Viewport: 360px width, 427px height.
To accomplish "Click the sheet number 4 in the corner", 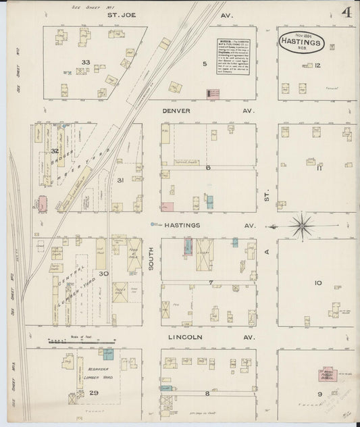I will pyautogui.click(x=346, y=13).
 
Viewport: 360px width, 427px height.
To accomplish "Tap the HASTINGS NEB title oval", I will pyautogui.click(x=301, y=41).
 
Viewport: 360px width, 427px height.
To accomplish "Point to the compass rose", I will pyautogui.click(x=304, y=224).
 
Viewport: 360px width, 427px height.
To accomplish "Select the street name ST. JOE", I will pyautogui.click(x=119, y=13).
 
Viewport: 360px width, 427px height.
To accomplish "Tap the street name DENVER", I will pyautogui.click(x=176, y=111).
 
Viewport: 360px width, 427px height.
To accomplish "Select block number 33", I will pyautogui.click(x=85, y=62).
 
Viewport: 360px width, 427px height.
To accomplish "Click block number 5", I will pyautogui.click(x=204, y=65).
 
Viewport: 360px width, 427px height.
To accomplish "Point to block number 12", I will pyautogui.click(x=317, y=66).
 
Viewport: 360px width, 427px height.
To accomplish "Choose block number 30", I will pyautogui.click(x=105, y=274).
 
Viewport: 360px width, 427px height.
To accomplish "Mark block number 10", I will pyautogui.click(x=317, y=283).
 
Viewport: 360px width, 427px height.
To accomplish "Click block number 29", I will pyautogui.click(x=76, y=392).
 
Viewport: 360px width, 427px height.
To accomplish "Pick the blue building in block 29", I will pyautogui.click(x=108, y=353).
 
